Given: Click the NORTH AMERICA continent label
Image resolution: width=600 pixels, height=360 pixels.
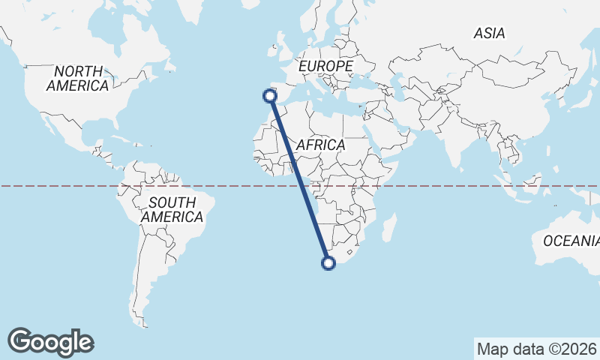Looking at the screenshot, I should point(77,79).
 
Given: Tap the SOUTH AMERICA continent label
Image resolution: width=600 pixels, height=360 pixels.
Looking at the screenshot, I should point(172,209).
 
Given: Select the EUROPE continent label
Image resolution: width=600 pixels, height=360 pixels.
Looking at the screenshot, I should point(325,67).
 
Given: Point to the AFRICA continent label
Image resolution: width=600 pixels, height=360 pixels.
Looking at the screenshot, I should point(320,145).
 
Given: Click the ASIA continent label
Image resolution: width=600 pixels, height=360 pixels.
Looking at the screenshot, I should point(489,33).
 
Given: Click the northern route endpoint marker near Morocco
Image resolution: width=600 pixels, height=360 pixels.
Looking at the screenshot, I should point(269,95).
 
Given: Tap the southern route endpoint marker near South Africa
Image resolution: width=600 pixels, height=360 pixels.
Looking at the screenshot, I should point(328,262).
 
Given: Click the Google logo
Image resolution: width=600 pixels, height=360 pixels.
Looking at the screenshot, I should point(50,342).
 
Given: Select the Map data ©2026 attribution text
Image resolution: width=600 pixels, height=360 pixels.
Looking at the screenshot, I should point(536,349).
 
